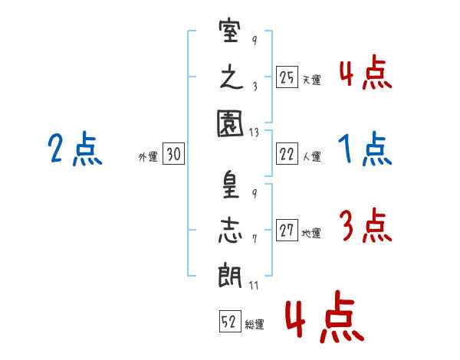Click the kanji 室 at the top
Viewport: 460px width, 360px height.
coord(230,31)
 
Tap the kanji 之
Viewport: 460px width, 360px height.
coord(232,78)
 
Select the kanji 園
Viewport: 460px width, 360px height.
coord(230,123)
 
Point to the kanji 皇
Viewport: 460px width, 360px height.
coord(230,185)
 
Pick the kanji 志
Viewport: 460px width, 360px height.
coord(230,231)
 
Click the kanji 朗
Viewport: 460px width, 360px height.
coord(230,275)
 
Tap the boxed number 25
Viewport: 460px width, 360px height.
coord(287,77)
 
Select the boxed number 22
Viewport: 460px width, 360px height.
coord(287,154)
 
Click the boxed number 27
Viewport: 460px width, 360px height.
coord(287,230)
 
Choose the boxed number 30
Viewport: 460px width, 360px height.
coord(173,153)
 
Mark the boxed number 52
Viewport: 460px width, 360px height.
coord(230,321)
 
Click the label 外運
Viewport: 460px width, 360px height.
coord(148,156)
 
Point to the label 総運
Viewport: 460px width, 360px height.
coord(255,324)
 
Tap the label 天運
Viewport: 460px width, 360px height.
coord(312,80)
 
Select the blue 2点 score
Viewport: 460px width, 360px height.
coord(75,149)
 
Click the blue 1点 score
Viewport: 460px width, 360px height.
coord(365,149)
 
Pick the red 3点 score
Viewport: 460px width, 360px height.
coord(366,225)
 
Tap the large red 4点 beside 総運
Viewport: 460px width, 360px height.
coord(324,316)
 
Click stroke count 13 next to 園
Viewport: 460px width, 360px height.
coord(254,133)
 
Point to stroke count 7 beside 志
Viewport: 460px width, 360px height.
coord(255,239)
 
